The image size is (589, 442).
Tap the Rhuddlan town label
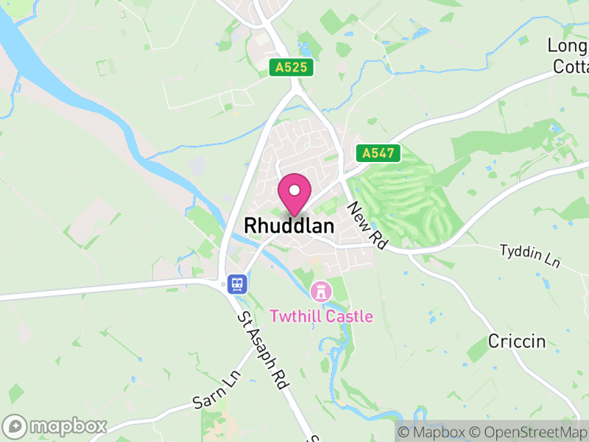click(289, 225)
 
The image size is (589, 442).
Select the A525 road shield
click(292, 68)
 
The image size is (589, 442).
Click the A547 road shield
click(378, 154)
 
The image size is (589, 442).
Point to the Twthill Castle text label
click(321, 317)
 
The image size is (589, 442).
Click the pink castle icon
click(320, 291)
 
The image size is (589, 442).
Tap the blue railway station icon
click(236, 284)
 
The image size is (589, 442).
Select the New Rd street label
click(368, 224)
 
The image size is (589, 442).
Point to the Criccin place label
click(517, 341)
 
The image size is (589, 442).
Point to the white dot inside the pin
click(294, 190)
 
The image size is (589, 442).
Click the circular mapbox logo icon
click(15, 427)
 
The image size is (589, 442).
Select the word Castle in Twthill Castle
click(347, 317)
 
